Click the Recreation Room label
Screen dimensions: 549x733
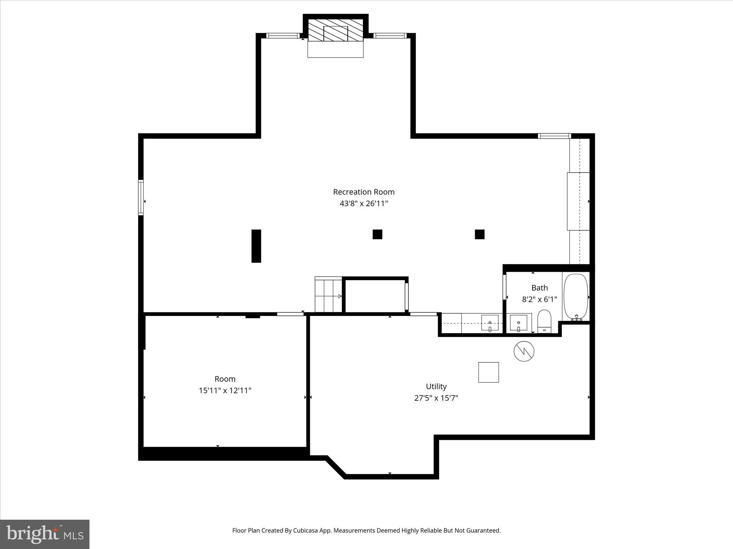click(x=364, y=192)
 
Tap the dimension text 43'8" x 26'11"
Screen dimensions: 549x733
click(x=364, y=204)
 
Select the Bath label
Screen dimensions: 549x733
click(x=539, y=288)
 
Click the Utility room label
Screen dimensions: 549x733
click(x=436, y=386)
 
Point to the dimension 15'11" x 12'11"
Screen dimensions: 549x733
click(x=225, y=391)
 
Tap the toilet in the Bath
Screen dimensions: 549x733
click(x=544, y=321)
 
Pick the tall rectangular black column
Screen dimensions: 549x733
click(x=256, y=246)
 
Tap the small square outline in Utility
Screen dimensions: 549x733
click(x=489, y=372)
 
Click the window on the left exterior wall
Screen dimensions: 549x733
click(x=141, y=197)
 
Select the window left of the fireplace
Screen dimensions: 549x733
click(x=283, y=35)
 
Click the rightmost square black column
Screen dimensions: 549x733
click(x=480, y=234)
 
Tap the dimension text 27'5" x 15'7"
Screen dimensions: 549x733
click(x=436, y=398)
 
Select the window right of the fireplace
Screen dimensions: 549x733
click(x=389, y=35)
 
